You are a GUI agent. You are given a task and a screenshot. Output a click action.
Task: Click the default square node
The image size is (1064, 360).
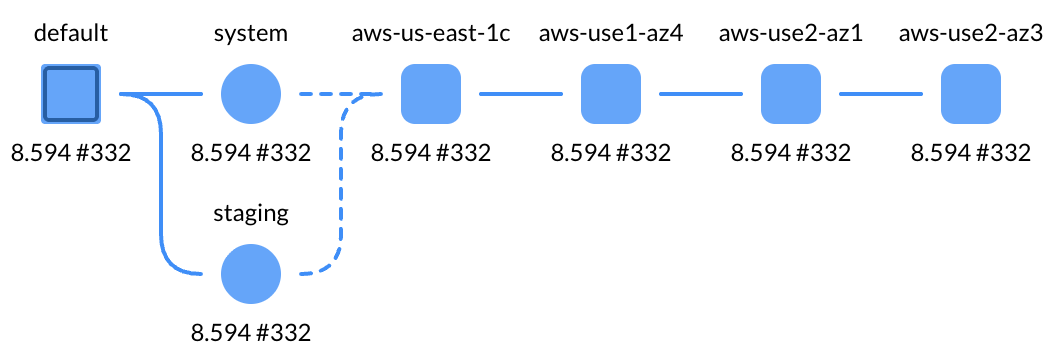point(70,95)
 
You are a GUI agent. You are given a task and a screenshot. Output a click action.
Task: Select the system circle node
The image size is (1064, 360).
point(251,95)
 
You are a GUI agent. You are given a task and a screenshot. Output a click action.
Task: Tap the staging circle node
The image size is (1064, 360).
point(251,274)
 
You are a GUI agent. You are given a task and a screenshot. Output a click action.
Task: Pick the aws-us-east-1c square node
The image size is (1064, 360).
point(431,95)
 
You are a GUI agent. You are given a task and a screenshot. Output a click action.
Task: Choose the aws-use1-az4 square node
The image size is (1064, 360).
point(611,95)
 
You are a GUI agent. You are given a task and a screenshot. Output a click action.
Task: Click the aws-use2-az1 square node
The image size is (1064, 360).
point(791,95)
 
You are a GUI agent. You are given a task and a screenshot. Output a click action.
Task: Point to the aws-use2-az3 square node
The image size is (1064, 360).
point(971,95)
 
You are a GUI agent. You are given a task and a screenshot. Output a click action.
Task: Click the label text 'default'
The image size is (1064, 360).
point(70,34)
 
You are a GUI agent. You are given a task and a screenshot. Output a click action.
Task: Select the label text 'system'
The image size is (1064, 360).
point(251,34)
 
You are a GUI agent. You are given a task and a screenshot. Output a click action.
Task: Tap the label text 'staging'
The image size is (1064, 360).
point(251,213)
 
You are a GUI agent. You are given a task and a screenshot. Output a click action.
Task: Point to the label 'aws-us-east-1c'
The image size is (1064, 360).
point(431,34)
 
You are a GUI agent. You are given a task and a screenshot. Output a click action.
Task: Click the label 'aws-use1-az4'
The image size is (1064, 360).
point(611,34)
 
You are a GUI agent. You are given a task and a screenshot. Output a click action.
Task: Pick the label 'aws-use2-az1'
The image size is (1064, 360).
point(791,34)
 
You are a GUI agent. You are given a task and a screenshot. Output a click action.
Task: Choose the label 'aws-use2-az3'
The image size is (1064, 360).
point(971,34)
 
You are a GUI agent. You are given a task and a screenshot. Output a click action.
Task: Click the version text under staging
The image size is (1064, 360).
point(251,332)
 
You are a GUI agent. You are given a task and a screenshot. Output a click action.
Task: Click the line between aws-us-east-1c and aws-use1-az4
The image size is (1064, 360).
point(521,95)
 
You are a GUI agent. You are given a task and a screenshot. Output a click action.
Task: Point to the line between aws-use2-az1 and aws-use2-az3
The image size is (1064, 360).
point(881,95)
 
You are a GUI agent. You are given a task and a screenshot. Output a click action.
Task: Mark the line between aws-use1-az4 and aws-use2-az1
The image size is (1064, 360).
point(701,95)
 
